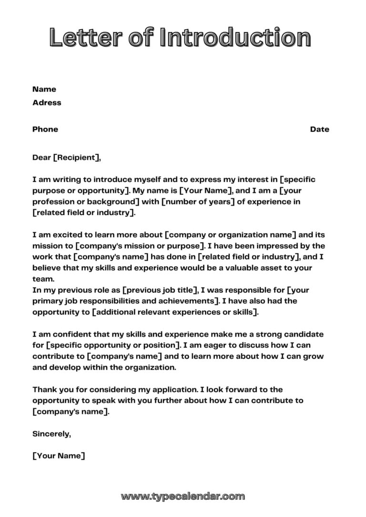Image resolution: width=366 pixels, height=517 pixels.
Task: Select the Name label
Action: click(44, 89)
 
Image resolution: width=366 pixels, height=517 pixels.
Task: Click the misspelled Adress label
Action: click(47, 103)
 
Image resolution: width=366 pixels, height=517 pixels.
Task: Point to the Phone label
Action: click(45, 129)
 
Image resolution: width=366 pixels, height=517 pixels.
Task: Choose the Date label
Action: click(319, 129)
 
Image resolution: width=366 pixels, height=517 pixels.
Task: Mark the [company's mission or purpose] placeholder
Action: click(141, 246)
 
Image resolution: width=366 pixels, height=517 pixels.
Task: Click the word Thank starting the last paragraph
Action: click(45, 389)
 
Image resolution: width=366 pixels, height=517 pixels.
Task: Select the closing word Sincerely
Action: click(51, 434)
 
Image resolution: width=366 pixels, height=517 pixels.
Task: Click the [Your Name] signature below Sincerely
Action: click(59, 456)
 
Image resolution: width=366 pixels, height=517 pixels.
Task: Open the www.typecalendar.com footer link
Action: click(183, 497)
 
